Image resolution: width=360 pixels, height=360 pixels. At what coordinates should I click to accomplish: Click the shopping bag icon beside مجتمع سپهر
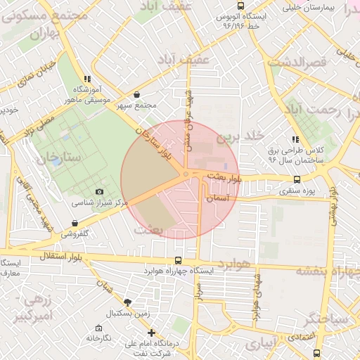136,95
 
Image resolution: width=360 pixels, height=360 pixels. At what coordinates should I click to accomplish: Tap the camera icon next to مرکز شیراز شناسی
99,192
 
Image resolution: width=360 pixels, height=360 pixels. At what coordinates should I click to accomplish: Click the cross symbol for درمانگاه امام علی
150,333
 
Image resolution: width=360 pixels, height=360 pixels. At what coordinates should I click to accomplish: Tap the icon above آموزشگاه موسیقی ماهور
86,79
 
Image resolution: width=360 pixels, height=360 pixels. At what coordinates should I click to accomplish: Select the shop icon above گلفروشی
75,224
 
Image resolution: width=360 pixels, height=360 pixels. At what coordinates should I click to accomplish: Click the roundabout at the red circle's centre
185,174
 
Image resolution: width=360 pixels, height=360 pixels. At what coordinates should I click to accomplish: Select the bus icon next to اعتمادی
316,353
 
